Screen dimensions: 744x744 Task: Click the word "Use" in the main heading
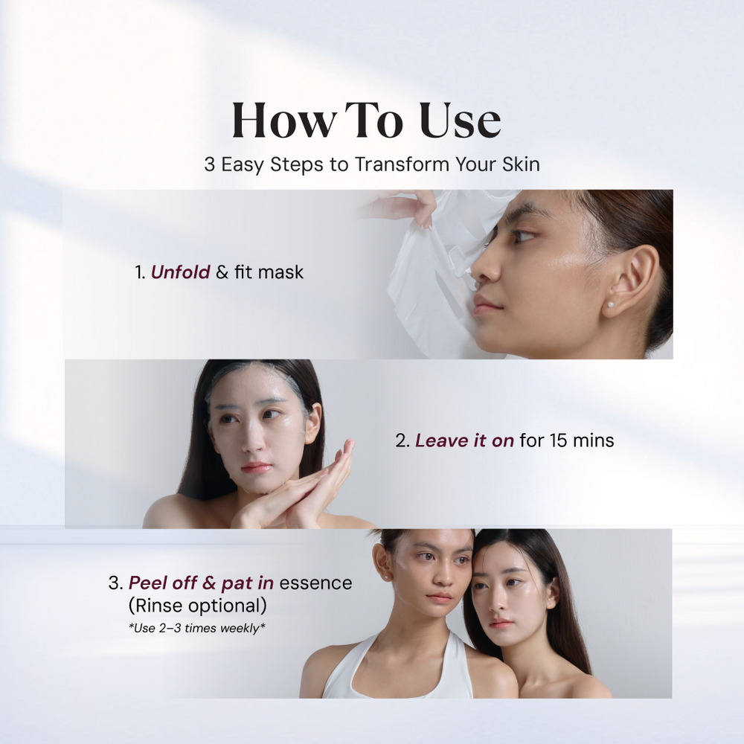point(461,121)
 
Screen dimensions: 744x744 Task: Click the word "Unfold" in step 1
point(181,272)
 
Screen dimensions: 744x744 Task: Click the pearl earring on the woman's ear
point(611,304)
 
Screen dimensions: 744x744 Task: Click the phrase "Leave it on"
point(464,440)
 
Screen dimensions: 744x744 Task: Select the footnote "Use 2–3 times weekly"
point(197,628)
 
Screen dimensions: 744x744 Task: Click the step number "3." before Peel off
point(116,583)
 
